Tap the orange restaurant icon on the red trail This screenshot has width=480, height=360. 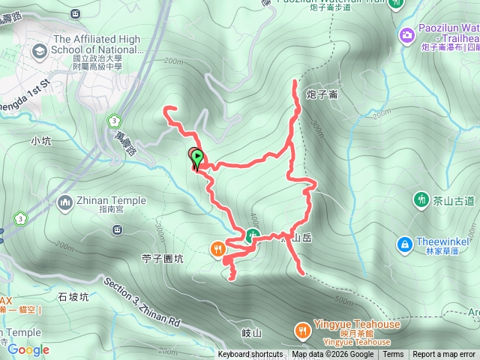[x=218, y=247]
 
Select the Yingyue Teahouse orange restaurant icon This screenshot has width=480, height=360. [x=301, y=330]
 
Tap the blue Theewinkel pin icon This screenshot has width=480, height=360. [x=405, y=244]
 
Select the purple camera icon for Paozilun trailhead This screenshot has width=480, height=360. [x=406, y=34]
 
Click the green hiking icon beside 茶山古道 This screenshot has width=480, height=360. [x=420, y=200]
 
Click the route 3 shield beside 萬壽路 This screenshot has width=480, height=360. [x=113, y=119]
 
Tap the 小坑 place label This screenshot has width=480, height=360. [x=40, y=140]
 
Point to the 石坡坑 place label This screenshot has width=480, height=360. [x=73, y=296]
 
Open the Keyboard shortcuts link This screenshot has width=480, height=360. [x=250, y=355]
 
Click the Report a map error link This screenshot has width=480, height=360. [x=444, y=355]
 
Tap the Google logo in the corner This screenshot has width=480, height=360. [x=28, y=349]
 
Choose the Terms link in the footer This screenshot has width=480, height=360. [x=393, y=355]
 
